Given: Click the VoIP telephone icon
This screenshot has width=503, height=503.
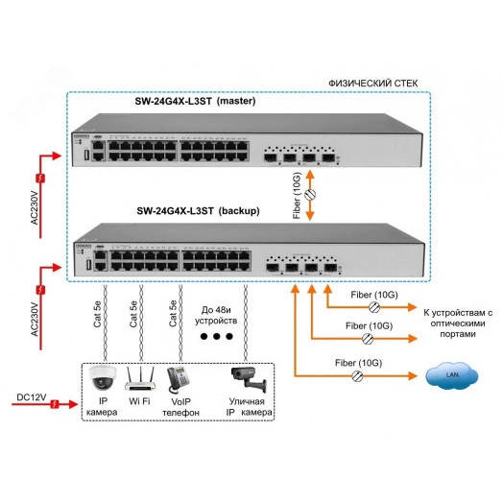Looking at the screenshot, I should (x=178, y=375).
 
